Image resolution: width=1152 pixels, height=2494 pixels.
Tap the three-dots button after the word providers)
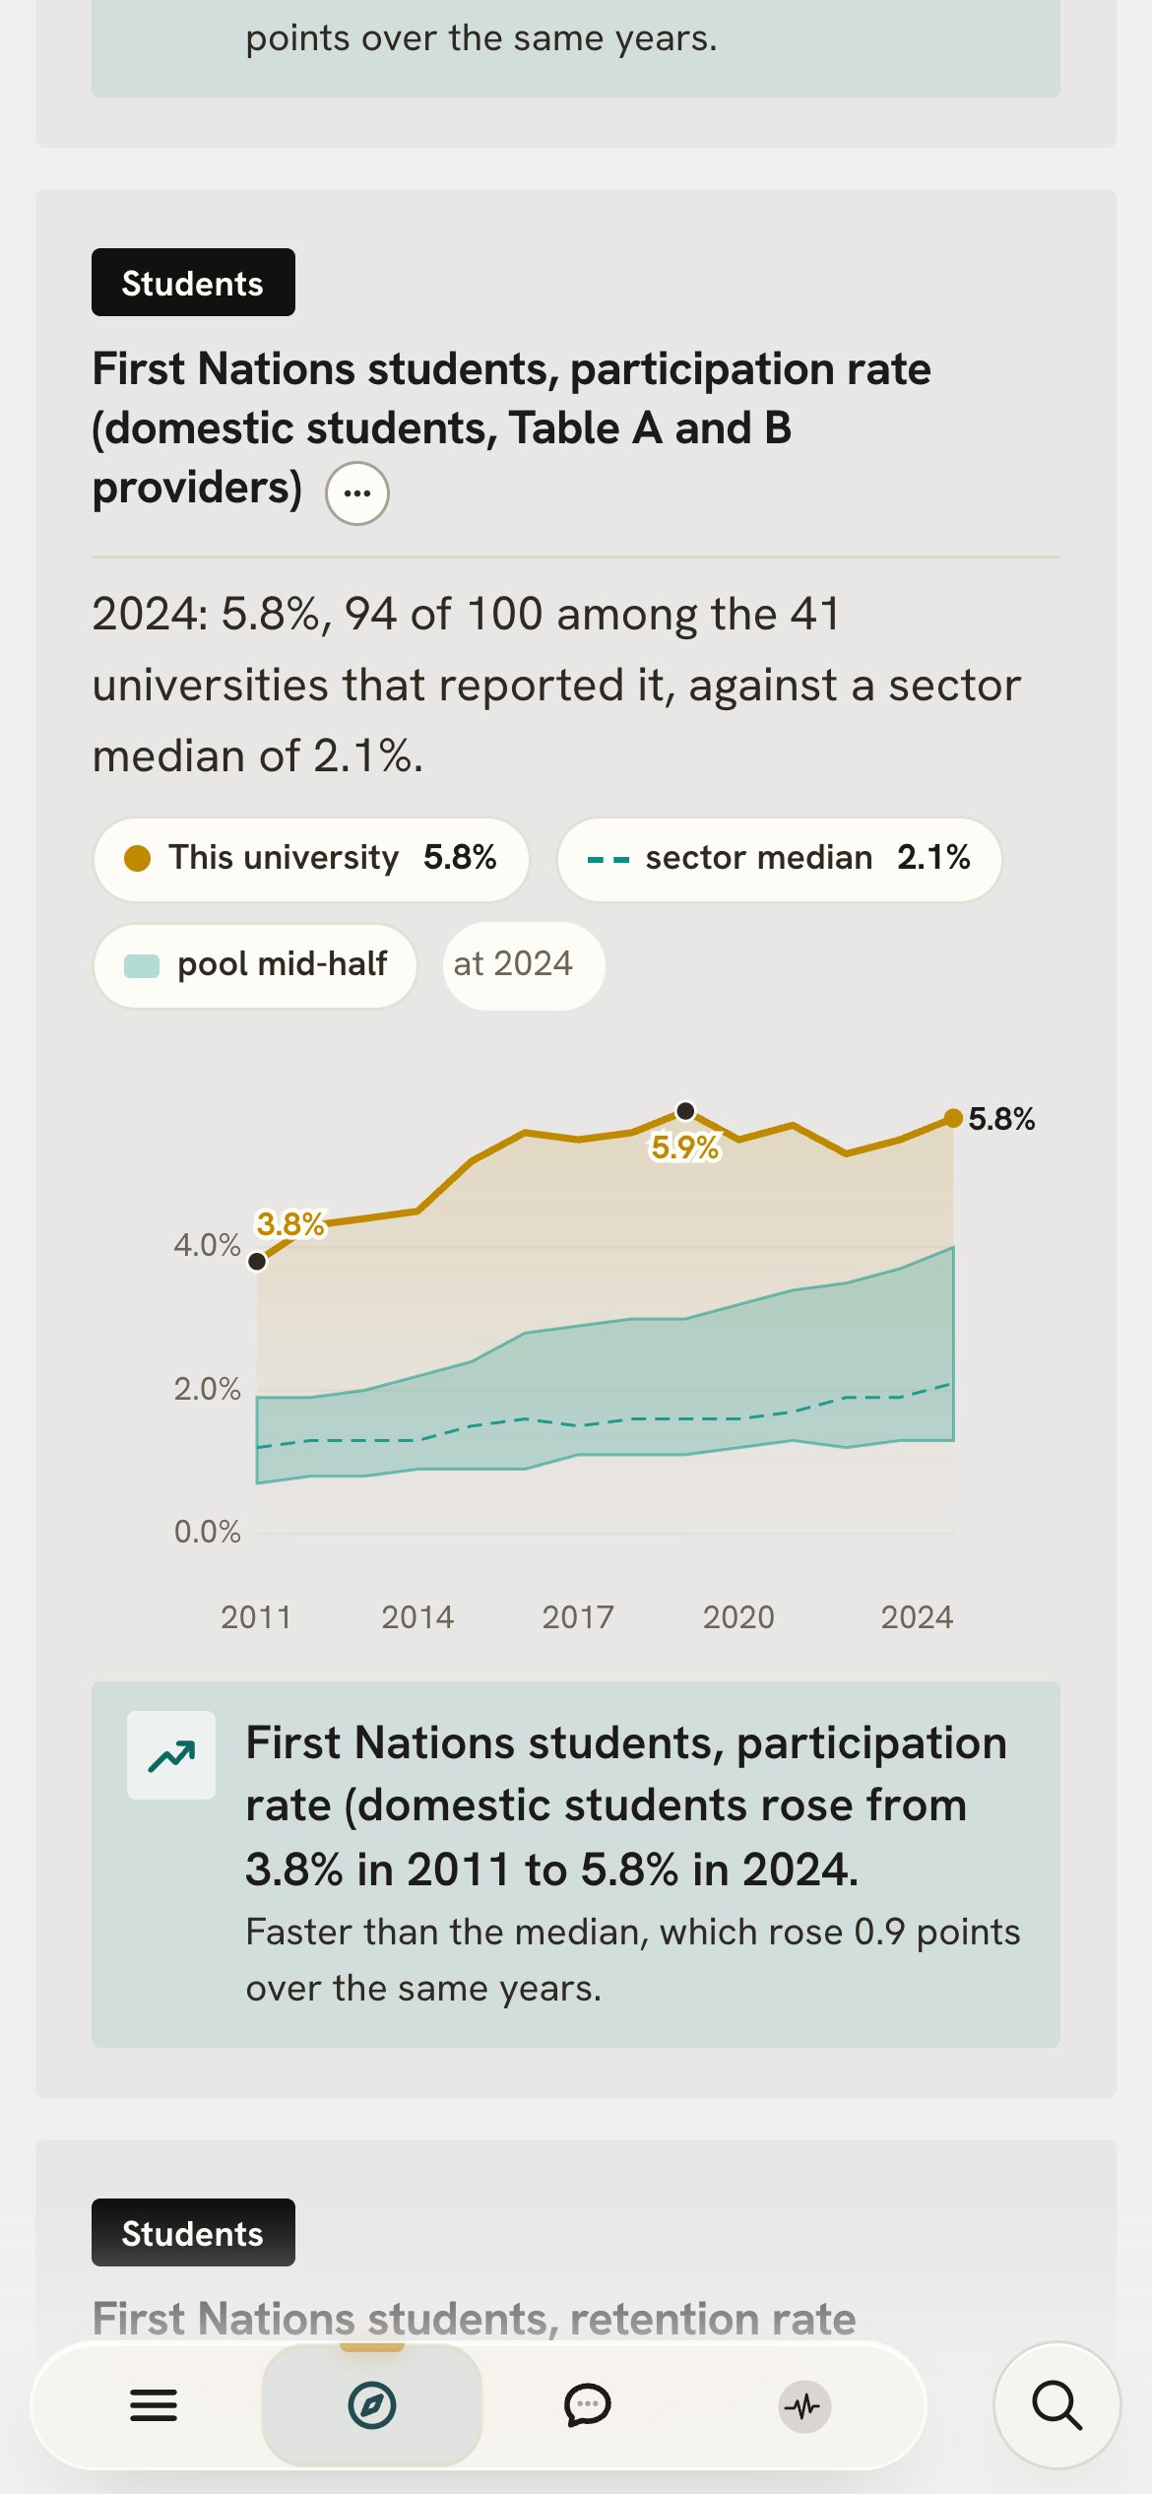(357, 493)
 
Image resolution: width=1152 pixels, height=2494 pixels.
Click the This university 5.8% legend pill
(311, 859)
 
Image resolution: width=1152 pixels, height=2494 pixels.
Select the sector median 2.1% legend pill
(780, 859)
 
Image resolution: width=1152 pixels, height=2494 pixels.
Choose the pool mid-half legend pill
(255, 965)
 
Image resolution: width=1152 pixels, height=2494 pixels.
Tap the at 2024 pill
(524, 965)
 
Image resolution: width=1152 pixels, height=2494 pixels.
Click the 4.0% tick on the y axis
(207, 1245)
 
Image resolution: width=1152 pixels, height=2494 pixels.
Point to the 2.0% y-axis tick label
(207, 1389)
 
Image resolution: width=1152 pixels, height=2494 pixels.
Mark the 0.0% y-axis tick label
(207, 1532)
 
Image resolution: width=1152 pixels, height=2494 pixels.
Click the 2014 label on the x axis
(417, 1617)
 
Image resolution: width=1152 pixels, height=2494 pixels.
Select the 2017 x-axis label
(578, 1617)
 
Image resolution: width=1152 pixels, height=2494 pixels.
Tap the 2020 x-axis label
(738, 1617)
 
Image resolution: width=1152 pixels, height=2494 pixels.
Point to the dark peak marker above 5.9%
(686, 1111)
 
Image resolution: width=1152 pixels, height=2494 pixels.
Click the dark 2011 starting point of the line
(257, 1261)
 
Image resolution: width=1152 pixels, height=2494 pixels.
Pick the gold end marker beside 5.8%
(953, 1118)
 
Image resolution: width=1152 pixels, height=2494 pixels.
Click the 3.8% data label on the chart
(290, 1224)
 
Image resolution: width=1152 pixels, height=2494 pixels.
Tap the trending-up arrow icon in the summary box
(171, 1755)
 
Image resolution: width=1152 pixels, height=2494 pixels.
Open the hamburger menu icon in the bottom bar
(154, 2405)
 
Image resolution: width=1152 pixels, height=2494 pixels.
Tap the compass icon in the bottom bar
(372, 2405)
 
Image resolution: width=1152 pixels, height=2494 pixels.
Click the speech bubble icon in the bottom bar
(588, 2405)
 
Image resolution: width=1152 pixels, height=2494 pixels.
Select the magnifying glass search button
(1057, 2405)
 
